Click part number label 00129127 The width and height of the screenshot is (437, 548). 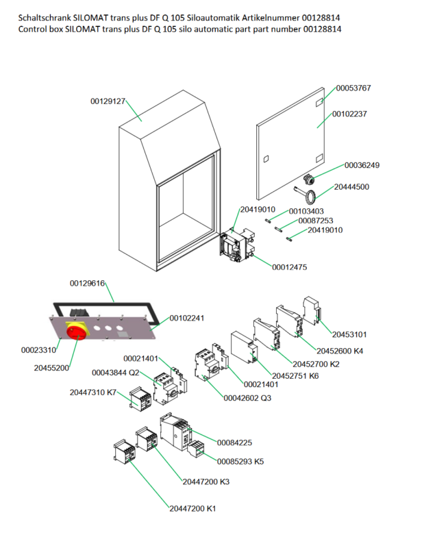[x=108, y=101]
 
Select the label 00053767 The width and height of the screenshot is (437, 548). [x=353, y=88]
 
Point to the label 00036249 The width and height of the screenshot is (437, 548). [x=362, y=165]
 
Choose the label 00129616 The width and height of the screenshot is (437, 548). [x=87, y=283]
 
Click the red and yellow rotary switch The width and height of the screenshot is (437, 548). [x=76, y=330]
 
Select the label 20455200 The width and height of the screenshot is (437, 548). [x=51, y=368]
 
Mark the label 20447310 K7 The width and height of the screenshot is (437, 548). [x=93, y=393]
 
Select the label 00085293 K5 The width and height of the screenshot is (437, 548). [x=240, y=461]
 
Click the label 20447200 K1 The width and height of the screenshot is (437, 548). [x=192, y=508]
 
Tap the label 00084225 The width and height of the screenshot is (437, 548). [x=234, y=443]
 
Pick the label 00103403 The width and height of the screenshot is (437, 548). [x=306, y=211]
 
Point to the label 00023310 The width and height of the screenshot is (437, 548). [x=38, y=349]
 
